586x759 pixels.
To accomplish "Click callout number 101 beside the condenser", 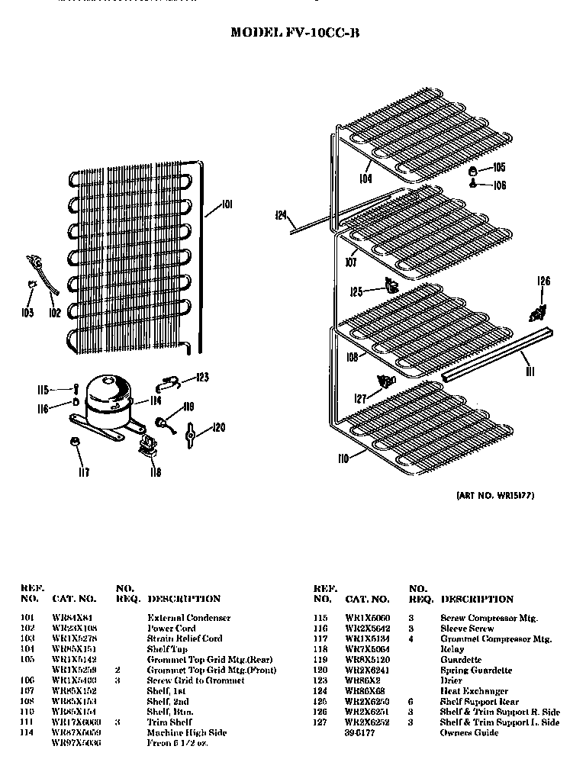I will [x=227, y=204].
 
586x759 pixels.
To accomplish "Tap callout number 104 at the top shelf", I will [x=366, y=179].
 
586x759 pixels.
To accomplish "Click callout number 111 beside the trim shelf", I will [x=530, y=371].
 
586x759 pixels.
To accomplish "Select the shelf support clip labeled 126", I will [x=539, y=311].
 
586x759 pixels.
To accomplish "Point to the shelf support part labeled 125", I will [x=390, y=286].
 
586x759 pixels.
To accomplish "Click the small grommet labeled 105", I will [x=473, y=169].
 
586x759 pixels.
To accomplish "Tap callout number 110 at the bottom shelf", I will [x=343, y=458].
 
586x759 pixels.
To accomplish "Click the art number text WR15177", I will [x=496, y=496].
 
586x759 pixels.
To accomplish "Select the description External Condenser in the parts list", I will [x=188, y=617].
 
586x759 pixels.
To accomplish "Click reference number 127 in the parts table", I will [x=321, y=722].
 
